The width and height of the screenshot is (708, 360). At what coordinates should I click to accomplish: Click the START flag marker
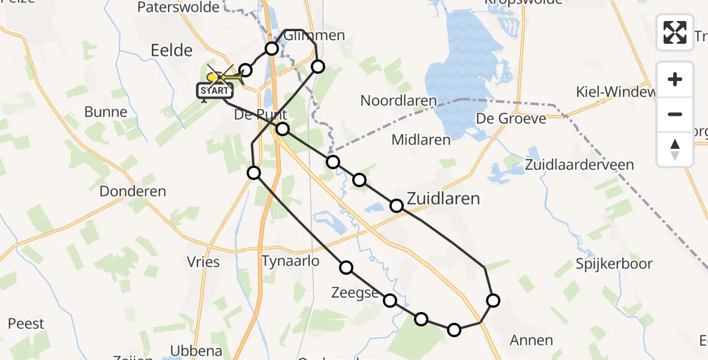click(214, 91)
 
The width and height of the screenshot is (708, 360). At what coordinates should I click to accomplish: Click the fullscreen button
click(675, 32)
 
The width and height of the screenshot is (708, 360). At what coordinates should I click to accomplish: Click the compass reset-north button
click(675, 149)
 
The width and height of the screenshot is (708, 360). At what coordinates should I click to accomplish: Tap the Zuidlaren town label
click(443, 198)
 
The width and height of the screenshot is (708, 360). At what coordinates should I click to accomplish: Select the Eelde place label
click(172, 50)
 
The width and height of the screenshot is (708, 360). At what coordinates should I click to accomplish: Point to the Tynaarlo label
click(290, 261)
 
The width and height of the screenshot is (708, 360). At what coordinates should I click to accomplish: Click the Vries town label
click(203, 262)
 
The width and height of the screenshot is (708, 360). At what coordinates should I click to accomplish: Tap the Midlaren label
click(421, 140)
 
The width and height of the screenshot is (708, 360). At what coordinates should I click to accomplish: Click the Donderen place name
click(133, 191)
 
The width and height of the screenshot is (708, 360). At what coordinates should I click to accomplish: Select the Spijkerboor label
click(614, 263)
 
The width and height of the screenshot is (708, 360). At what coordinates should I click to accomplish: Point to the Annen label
click(531, 340)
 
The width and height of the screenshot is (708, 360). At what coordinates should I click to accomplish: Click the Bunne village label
click(106, 112)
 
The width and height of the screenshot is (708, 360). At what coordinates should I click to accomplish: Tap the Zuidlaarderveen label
click(579, 164)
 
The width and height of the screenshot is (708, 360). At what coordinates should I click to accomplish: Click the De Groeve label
click(511, 118)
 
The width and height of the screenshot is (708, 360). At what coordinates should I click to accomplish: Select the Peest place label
click(26, 324)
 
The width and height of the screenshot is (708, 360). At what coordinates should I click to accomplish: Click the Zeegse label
click(355, 293)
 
